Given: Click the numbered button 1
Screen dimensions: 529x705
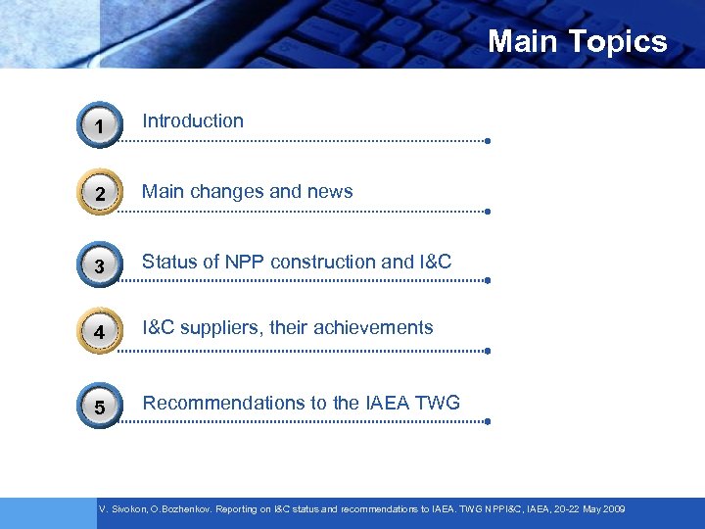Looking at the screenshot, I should pos(99,125).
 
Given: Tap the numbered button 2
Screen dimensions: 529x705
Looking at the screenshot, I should pos(99,195).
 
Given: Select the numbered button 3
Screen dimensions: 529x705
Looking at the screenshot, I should pos(99,265).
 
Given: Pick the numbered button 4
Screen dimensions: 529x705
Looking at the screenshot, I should pos(99,334).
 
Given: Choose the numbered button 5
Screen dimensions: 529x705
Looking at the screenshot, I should pos(99,406).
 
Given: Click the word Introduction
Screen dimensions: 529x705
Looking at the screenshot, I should pos(193,121).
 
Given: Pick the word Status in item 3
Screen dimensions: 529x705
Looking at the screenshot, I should pos(168,262).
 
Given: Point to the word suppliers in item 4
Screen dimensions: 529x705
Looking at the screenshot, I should pos(222,328).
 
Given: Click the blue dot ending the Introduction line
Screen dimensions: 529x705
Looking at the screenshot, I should pos(487,141).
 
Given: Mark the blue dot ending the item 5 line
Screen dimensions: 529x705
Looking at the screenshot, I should pos(487,422).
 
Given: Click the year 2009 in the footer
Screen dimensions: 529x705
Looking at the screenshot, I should pos(613,510).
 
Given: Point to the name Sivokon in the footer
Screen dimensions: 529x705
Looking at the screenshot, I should pos(127,510).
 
